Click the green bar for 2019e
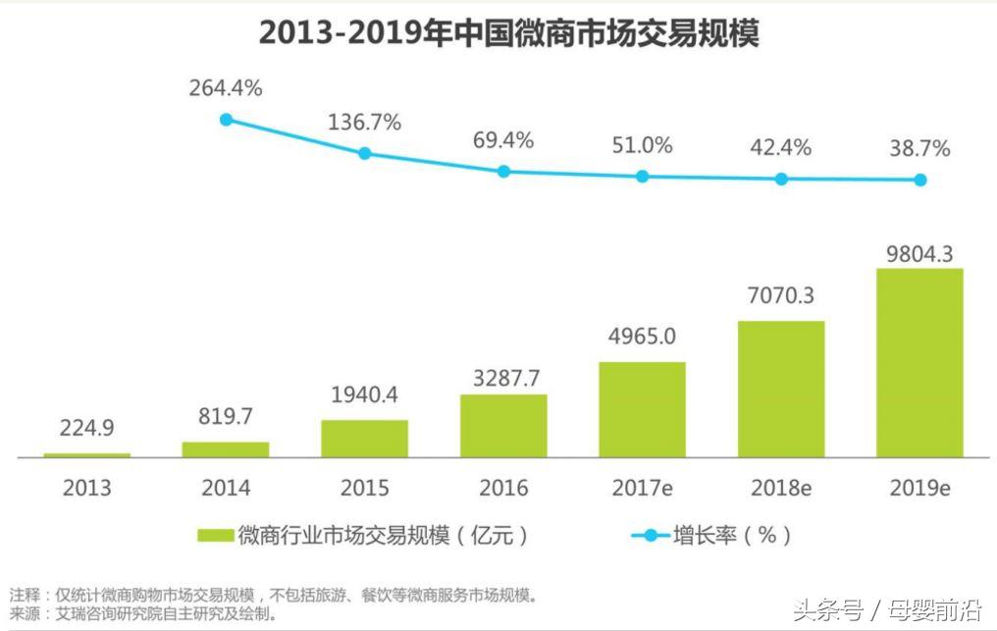[919, 362]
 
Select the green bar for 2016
[503, 425]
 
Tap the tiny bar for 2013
[87, 455]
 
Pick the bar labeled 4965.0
[642, 408]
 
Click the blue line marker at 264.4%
[226, 120]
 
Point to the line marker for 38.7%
[920, 180]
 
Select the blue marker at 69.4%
[503, 171]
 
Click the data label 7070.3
[781, 294]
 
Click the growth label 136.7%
[364, 123]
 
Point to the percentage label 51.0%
[642, 146]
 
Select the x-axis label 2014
[226, 488]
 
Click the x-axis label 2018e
[781, 488]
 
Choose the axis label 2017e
[642, 488]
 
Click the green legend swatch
[215, 536]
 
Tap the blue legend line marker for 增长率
[650, 536]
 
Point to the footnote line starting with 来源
[143, 614]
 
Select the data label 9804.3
[919, 253]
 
